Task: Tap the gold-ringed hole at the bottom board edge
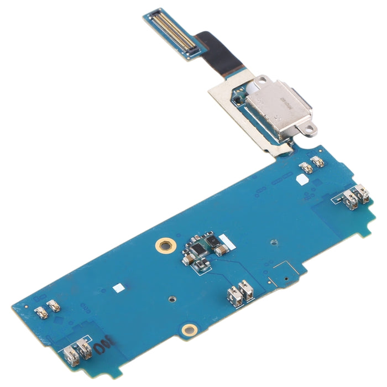[x=189, y=330]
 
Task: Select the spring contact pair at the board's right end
[x=356, y=197]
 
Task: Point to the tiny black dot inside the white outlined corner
[x=285, y=279]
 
